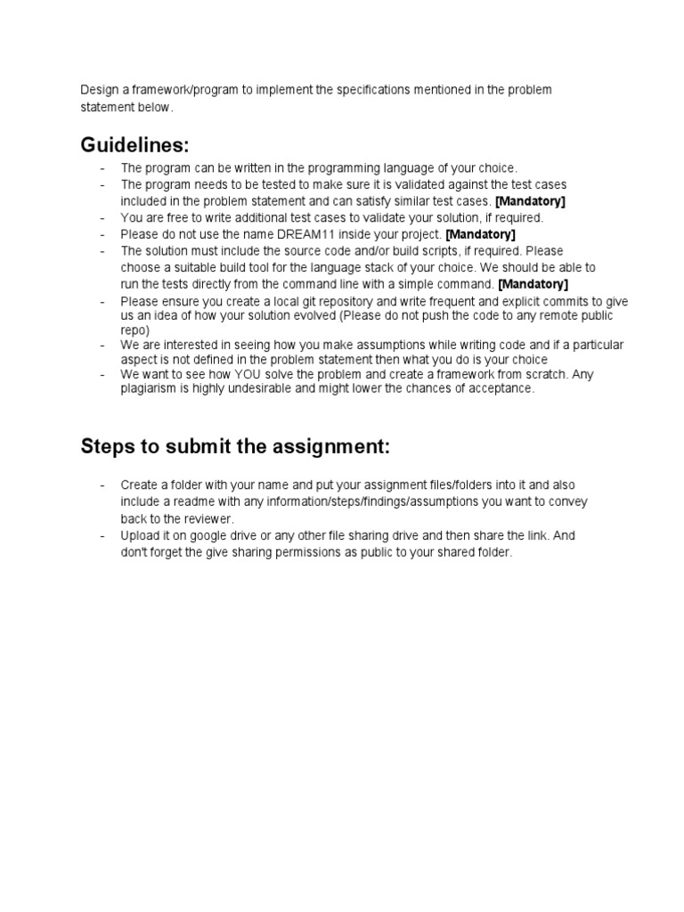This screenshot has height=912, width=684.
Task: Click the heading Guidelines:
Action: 134,144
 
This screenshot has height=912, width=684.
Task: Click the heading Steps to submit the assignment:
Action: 235,446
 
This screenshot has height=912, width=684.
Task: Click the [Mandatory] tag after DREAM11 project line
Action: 480,234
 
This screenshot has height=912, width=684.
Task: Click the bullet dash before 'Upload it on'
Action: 102,536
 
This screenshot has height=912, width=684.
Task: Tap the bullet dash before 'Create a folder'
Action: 102,485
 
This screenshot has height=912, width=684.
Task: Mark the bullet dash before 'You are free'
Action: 102,218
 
